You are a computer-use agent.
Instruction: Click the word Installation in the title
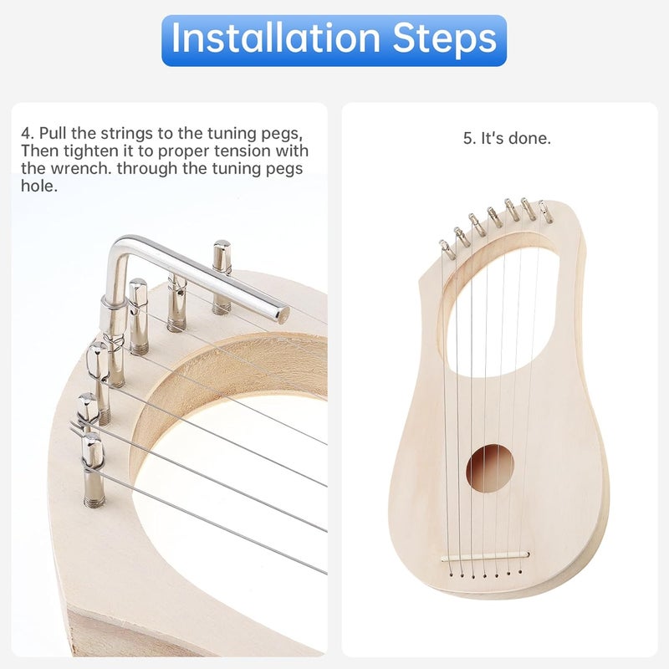[268, 38]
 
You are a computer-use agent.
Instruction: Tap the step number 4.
[25, 134]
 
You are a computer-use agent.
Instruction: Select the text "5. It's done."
[507, 139]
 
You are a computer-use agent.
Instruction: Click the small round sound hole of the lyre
[488, 468]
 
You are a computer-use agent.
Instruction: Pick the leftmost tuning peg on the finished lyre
[447, 248]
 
